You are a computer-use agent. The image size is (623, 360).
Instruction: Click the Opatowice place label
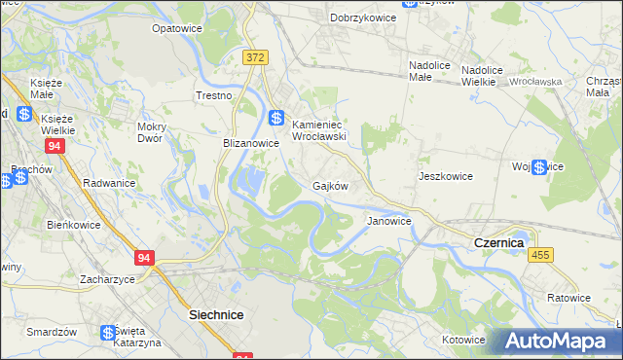click(x=176, y=28)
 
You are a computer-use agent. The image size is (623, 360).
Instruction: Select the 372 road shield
click(x=256, y=58)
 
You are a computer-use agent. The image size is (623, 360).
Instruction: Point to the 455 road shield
click(x=541, y=254)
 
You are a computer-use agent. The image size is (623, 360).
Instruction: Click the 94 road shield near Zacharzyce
click(x=145, y=258)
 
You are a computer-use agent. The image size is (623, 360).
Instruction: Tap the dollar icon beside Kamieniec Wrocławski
click(x=277, y=118)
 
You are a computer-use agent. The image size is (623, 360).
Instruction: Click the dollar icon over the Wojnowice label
click(x=539, y=167)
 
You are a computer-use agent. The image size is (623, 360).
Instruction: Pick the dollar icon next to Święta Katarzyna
click(x=108, y=333)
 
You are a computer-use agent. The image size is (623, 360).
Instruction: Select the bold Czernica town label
click(x=498, y=241)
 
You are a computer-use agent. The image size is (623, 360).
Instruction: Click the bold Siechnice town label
click(x=215, y=315)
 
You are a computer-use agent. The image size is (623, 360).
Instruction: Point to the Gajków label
click(x=330, y=185)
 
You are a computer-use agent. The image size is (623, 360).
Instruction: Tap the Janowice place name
click(x=388, y=221)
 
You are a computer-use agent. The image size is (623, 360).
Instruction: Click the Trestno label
click(x=214, y=95)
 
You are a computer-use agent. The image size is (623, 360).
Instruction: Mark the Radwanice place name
click(x=109, y=183)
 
